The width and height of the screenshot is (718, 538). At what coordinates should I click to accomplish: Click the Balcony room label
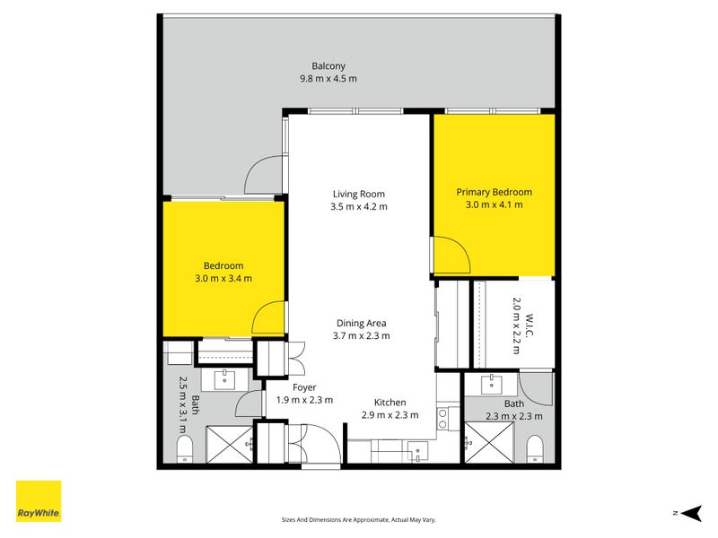(328, 65)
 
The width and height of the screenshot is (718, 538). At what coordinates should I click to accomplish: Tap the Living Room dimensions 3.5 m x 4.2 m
(359, 207)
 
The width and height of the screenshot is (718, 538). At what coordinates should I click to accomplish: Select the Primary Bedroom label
(495, 192)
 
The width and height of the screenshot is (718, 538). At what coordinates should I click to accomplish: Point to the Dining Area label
(362, 324)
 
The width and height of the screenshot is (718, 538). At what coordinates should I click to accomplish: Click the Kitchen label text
(390, 403)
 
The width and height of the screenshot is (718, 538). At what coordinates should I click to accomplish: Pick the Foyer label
(304, 388)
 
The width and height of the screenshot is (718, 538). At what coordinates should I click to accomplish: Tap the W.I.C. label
(530, 325)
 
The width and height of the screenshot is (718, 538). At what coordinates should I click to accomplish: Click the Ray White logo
(39, 501)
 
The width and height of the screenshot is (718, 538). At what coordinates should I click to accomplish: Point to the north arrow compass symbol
(691, 513)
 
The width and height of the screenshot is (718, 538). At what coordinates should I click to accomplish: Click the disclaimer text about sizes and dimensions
(358, 520)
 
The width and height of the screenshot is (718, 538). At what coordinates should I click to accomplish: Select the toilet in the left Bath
(185, 449)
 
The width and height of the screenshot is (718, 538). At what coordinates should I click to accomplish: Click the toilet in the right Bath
(534, 449)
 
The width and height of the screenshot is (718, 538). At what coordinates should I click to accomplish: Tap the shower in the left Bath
(229, 444)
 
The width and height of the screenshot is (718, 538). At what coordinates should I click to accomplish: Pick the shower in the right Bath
(489, 442)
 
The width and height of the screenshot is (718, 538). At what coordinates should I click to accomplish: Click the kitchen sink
(417, 451)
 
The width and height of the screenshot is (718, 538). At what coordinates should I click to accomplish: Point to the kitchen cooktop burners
(442, 419)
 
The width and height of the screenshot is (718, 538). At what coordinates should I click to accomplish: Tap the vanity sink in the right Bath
(491, 385)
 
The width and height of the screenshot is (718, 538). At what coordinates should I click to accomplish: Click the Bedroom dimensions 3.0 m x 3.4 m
(223, 279)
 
